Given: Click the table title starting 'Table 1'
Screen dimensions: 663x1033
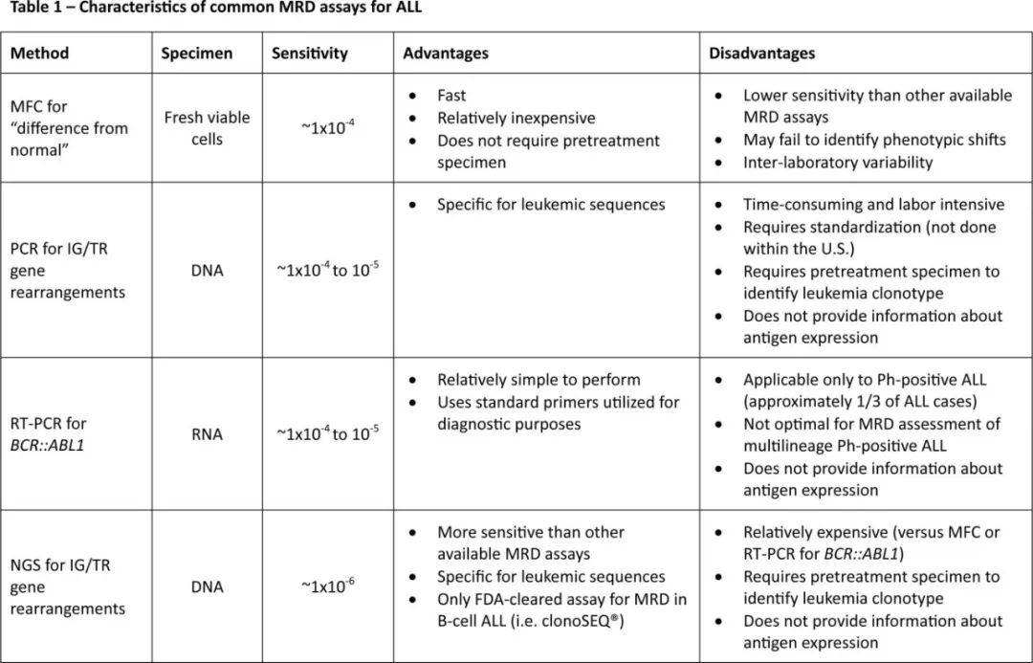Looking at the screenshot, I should (x=215, y=9).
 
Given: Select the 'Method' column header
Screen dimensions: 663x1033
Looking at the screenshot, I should (x=39, y=54).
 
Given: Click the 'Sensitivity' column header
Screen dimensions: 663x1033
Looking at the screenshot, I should (x=309, y=54).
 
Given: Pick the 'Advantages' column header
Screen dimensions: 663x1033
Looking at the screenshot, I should (x=446, y=54).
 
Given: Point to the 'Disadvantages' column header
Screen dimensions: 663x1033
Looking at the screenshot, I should (x=762, y=54).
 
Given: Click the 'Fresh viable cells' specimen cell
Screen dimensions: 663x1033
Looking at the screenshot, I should (x=207, y=128).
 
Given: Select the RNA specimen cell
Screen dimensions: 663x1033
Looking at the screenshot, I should (x=207, y=434).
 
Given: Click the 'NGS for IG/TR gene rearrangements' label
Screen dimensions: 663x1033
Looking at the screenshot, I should (x=67, y=586).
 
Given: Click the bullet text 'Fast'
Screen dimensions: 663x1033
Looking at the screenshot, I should (x=451, y=96).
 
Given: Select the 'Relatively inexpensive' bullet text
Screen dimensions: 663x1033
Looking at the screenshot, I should (x=516, y=118).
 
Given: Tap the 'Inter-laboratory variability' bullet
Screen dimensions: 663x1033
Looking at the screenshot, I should (x=838, y=163).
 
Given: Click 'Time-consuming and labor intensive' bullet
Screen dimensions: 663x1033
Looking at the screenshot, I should (x=873, y=205).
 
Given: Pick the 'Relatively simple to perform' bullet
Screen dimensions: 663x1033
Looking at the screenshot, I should (x=538, y=380).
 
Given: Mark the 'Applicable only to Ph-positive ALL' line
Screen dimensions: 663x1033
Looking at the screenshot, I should (x=872, y=380).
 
